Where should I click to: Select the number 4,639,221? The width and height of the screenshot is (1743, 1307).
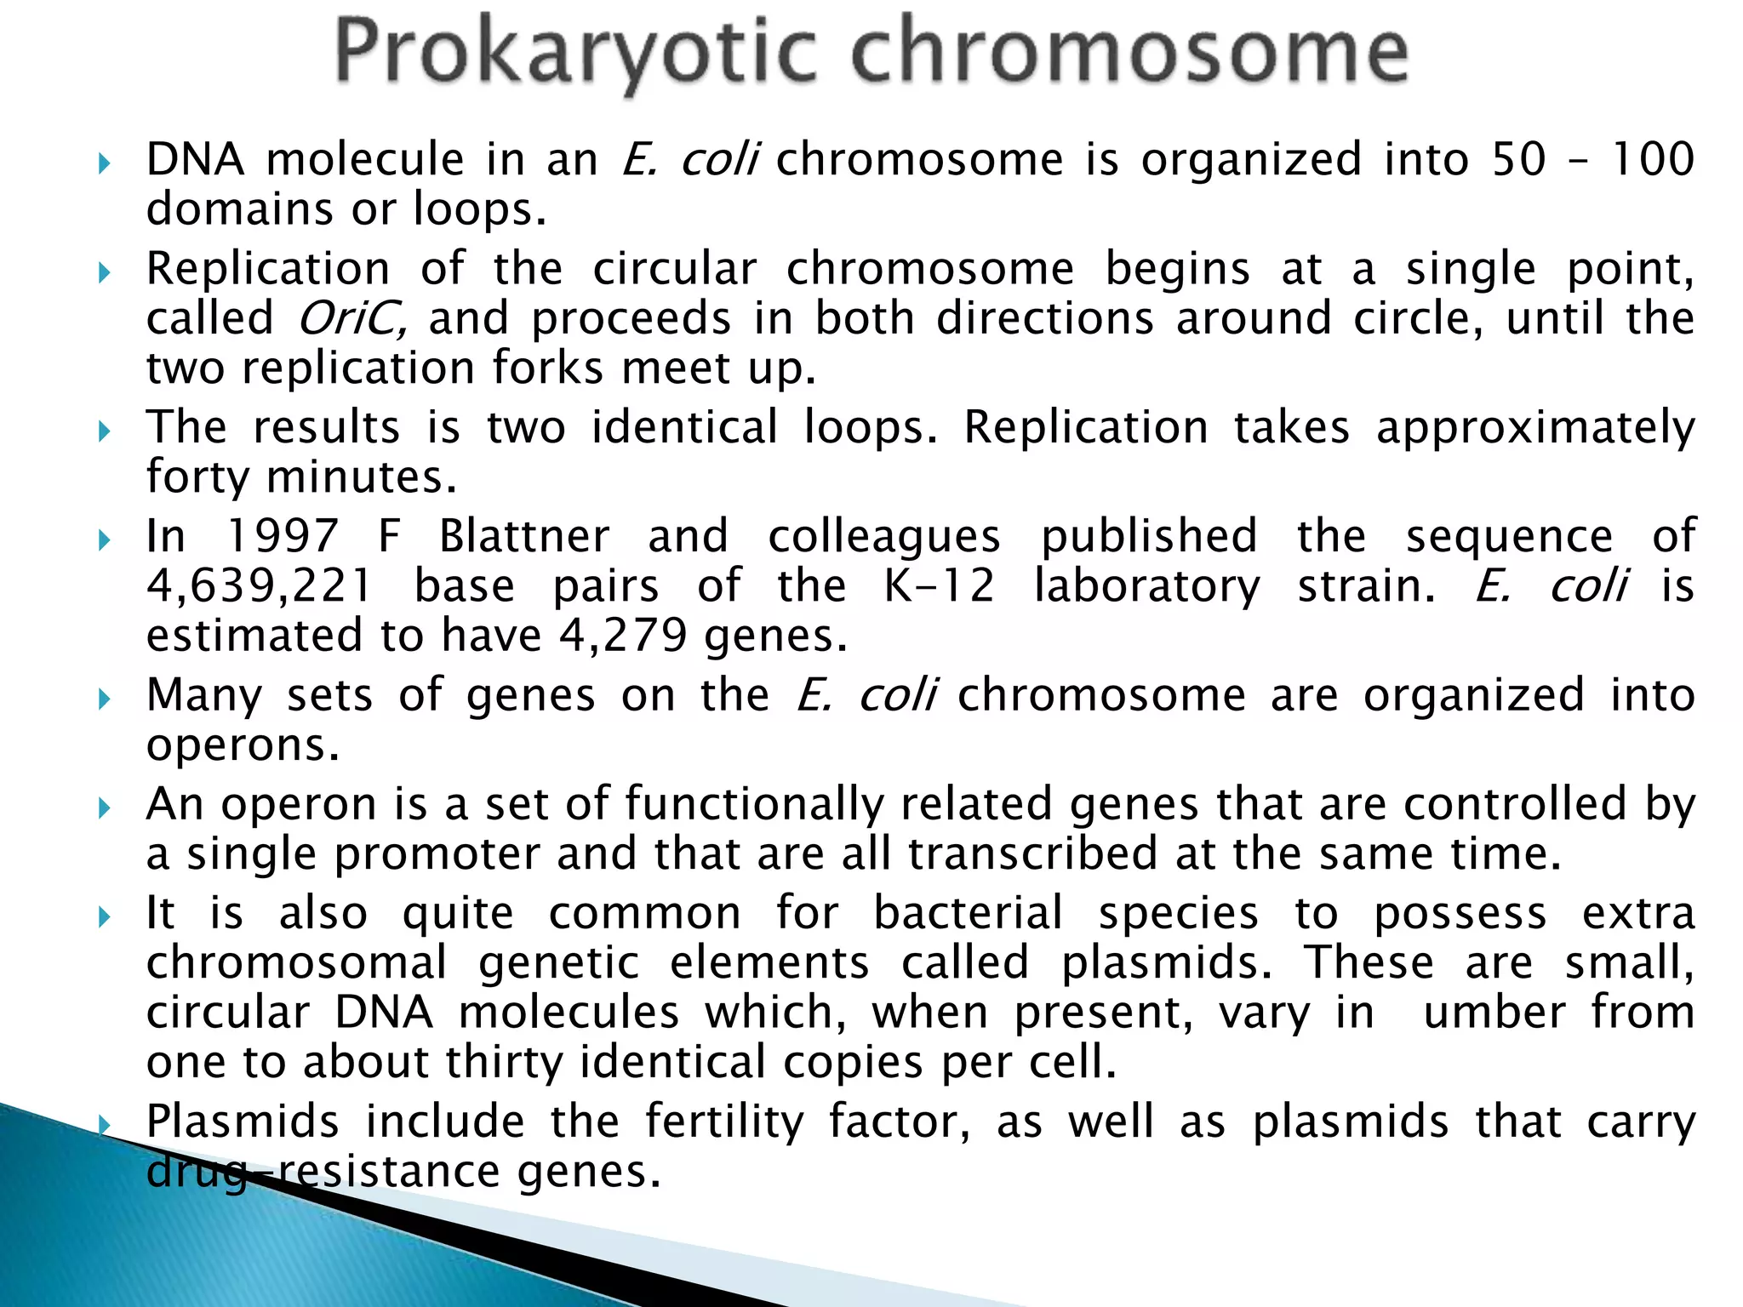click(x=260, y=587)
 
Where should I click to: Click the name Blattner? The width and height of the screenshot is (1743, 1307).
click(x=524, y=537)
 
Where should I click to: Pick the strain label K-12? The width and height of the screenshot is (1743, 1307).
click(x=939, y=587)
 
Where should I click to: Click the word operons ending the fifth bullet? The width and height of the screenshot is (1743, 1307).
click(x=242, y=746)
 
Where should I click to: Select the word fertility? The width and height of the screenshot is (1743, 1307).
click(x=724, y=1122)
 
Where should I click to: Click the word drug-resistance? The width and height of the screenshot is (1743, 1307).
click(x=323, y=1172)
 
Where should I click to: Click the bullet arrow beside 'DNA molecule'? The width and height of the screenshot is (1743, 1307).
click(x=105, y=163)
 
